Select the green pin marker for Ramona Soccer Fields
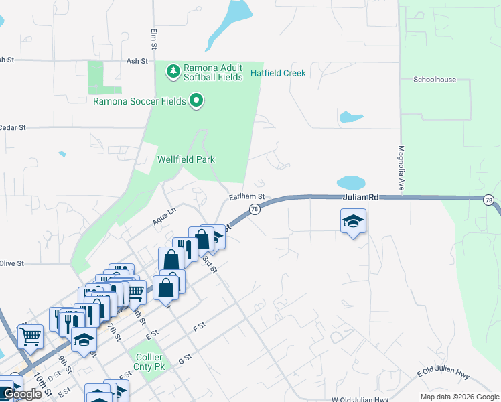point(196,101)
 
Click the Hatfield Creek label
point(278,73)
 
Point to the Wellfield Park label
point(186,159)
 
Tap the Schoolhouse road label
point(434,79)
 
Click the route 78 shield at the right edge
point(488,200)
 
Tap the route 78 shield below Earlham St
point(255,210)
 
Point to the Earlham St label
point(247,197)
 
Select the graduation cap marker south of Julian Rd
point(353,221)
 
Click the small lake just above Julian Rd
point(350,183)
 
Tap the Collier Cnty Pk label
point(149,362)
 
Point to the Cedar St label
point(12,127)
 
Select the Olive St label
point(12,264)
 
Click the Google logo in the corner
point(22,395)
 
